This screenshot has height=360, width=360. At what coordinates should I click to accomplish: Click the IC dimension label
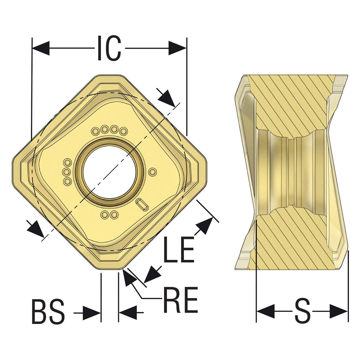click(x=109, y=48)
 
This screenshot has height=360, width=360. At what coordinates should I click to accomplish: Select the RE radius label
click(x=181, y=300)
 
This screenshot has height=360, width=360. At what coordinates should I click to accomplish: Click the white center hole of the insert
click(x=110, y=172)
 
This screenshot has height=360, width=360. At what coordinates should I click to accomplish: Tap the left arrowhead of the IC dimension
click(x=41, y=48)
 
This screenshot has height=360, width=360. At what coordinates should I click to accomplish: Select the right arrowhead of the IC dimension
click(x=177, y=48)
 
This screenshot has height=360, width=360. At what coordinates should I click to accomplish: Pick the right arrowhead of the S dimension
click(x=339, y=311)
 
